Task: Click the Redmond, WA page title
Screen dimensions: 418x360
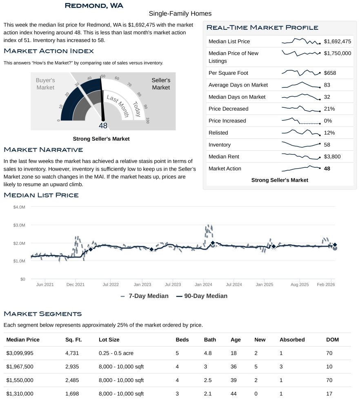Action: coord(94,5)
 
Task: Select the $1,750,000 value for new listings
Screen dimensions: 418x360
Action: coord(337,53)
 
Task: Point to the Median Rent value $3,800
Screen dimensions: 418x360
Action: coord(332,157)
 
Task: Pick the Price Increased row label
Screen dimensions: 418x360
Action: coord(227,121)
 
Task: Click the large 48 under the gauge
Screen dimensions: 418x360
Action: coord(103,126)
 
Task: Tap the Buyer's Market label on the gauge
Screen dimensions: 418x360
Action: coord(45,84)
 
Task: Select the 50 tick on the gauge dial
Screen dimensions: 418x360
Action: coord(103,76)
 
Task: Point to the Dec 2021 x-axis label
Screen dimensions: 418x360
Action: coord(75,285)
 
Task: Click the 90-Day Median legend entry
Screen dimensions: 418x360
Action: coord(202,296)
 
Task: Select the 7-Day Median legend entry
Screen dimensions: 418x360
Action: coord(144,296)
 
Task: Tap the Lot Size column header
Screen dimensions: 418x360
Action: coord(109,340)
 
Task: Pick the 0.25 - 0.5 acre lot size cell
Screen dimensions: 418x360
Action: coord(116,353)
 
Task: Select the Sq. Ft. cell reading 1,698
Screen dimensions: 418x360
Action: coord(72,394)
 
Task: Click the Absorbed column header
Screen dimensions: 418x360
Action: coord(292,340)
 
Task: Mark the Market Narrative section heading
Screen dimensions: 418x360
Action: coord(43,150)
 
